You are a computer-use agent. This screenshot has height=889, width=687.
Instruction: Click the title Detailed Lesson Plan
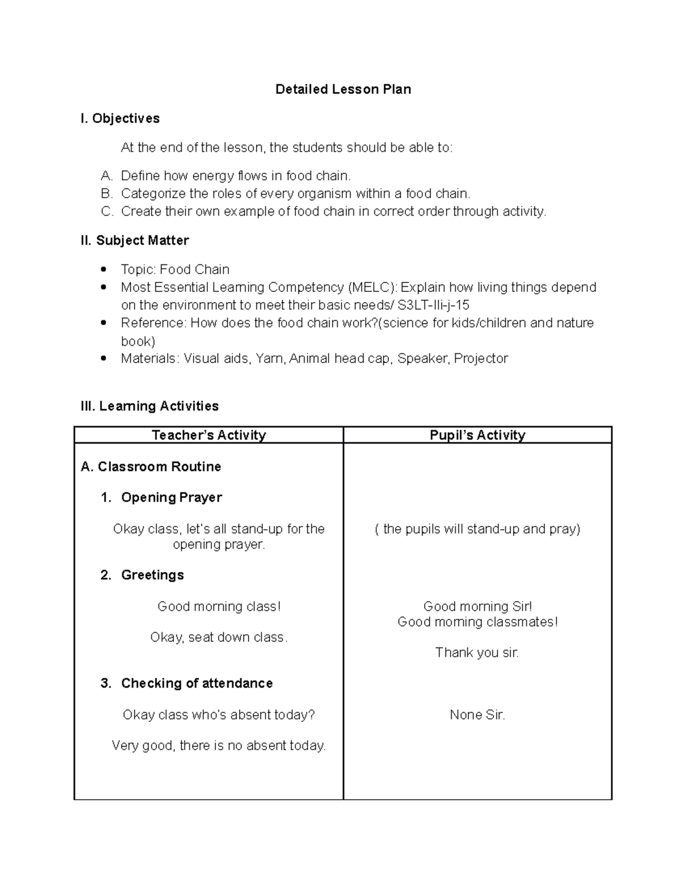point(343,89)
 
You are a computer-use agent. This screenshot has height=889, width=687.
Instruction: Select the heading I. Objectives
point(120,118)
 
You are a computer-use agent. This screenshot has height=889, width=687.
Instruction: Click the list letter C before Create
point(106,211)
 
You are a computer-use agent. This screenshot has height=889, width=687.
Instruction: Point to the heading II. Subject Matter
point(135,240)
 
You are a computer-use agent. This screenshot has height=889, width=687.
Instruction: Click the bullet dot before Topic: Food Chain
point(104,269)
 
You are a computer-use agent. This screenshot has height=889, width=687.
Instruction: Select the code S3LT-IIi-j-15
point(433,305)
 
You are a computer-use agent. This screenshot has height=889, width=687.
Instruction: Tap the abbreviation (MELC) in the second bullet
point(372,287)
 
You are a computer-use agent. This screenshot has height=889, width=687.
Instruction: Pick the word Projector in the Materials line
point(481,359)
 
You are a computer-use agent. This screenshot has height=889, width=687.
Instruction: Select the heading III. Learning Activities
point(149,406)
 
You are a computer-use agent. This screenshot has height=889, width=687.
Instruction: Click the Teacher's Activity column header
point(209,435)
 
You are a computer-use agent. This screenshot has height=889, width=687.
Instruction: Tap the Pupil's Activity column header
point(477,435)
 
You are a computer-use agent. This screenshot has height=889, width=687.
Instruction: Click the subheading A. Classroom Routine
point(151,467)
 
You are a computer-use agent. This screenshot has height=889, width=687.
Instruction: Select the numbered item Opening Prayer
point(171,497)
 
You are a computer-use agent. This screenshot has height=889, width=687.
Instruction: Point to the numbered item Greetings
point(152,575)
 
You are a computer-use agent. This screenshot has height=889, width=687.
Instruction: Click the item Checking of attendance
point(196,683)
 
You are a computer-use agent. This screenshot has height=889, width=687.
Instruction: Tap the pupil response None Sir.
point(477,714)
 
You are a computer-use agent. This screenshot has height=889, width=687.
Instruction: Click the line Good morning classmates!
point(477,622)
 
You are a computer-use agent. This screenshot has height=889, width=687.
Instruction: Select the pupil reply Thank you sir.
point(477,653)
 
